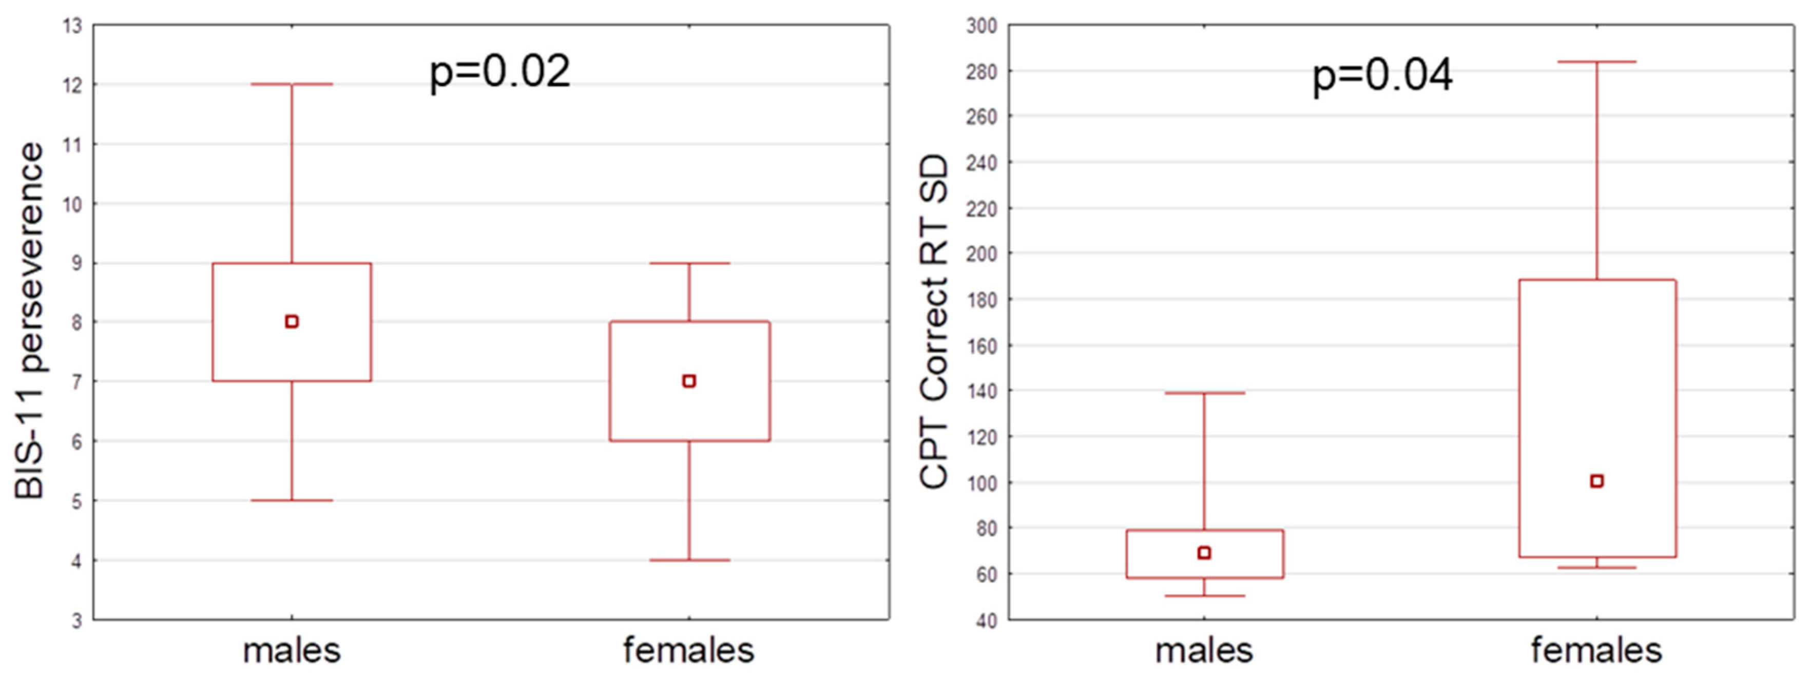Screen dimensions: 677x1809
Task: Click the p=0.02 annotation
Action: [500, 72]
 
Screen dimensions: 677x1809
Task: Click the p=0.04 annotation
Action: [1382, 76]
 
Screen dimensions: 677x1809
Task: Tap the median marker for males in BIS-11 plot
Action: [292, 322]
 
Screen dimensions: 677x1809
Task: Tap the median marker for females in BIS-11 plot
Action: [689, 381]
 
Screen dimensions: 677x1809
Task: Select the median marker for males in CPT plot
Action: [1204, 553]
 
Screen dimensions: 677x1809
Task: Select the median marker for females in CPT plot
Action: [1596, 481]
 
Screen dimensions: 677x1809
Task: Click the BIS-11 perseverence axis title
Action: [29, 321]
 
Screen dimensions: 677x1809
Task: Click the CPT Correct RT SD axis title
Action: [934, 321]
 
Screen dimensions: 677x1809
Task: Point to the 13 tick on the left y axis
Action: [72, 26]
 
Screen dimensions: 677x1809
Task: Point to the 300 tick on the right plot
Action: [982, 26]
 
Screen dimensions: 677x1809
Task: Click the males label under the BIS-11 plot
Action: [292, 651]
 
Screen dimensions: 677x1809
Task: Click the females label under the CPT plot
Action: [1596, 651]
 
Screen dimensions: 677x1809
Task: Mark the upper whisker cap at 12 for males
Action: [292, 84]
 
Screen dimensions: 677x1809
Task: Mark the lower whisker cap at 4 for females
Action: [689, 560]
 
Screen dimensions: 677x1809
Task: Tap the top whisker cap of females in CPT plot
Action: [1596, 62]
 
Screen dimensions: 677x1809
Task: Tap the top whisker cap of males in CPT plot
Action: [1204, 393]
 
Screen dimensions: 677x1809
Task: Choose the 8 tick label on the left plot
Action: [76, 322]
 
